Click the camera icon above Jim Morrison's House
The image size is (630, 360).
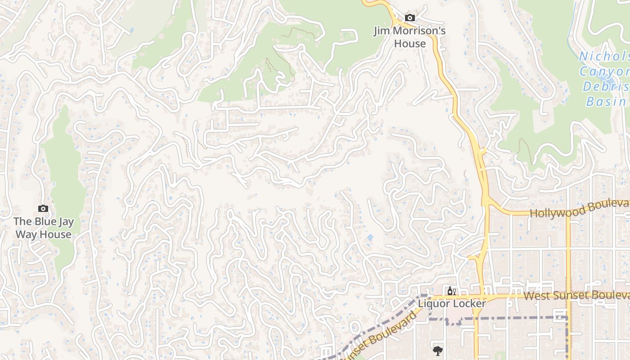[x=409, y=18]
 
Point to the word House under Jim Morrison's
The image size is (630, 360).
[x=409, y=44]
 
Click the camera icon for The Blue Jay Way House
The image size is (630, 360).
[x=43, y=208]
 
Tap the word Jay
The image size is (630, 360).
[x=65, y=221]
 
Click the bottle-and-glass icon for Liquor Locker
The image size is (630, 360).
[x=451, y=291]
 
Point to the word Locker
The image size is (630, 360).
[x=469, y=304]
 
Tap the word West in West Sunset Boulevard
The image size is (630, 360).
[x=535, y=296]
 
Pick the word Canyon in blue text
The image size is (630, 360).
[x=603, y=72]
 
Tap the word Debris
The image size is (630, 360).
[x=606, y=86]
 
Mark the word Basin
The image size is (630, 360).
[x=606, y=101]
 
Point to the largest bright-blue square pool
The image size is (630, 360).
[x=370, y=237]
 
